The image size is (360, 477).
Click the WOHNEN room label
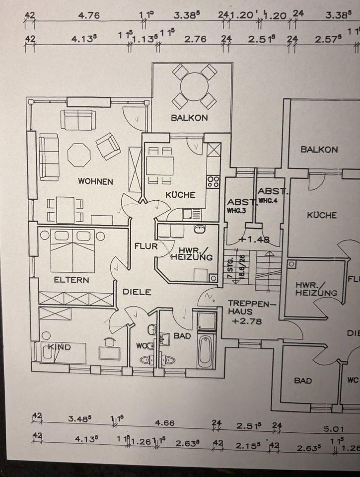point(95,182)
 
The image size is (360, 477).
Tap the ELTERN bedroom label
point(72,280)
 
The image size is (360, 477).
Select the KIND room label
point(60,347)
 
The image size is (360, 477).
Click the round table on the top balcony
point(194,87)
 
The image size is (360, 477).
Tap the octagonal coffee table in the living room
point(79,155)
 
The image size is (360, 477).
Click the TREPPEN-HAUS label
point(244,308)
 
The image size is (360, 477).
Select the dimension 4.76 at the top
point(89,15)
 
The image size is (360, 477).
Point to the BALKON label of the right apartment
point(319,149)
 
